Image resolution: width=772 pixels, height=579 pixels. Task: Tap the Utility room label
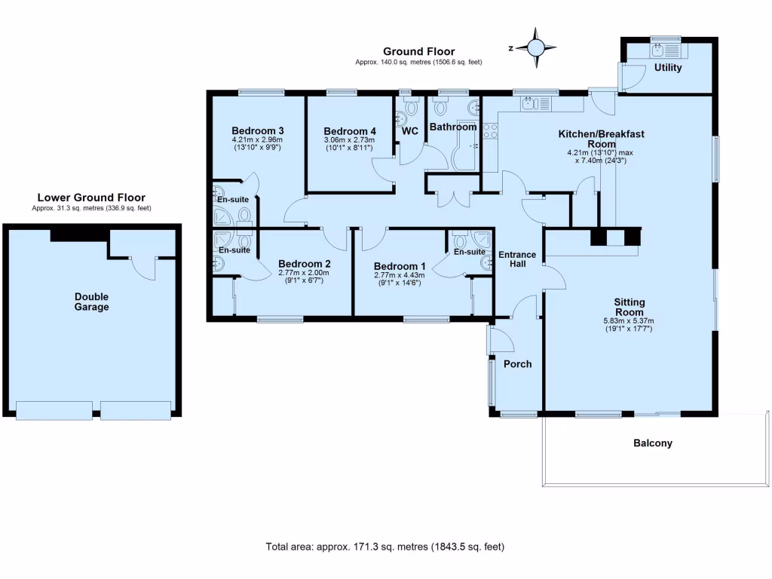(x=668, y=68)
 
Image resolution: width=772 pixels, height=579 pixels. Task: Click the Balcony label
(x=652, y=443)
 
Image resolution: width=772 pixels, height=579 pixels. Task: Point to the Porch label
(x=517, y=364)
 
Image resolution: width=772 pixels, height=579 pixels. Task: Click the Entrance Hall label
(x=517, y=259)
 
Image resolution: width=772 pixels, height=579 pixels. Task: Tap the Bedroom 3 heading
(x=257, y=130)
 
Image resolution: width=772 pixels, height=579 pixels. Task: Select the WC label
(x=410, y=131)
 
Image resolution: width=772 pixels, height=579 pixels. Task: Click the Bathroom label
(x=453, y=127)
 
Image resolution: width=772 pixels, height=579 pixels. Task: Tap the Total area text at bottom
(x=385, y=547)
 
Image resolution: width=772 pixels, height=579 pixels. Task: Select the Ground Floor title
(x=418, y=52)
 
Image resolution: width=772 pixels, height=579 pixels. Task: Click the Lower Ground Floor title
(x=91, y=198)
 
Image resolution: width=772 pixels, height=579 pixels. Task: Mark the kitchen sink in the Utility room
(x=658, y=49)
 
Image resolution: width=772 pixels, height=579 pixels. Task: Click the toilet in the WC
(x=410, y=106)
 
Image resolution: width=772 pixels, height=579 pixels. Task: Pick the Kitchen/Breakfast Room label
(x=601, y=138)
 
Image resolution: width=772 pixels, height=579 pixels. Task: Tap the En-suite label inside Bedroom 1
(x=469, y=252)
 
